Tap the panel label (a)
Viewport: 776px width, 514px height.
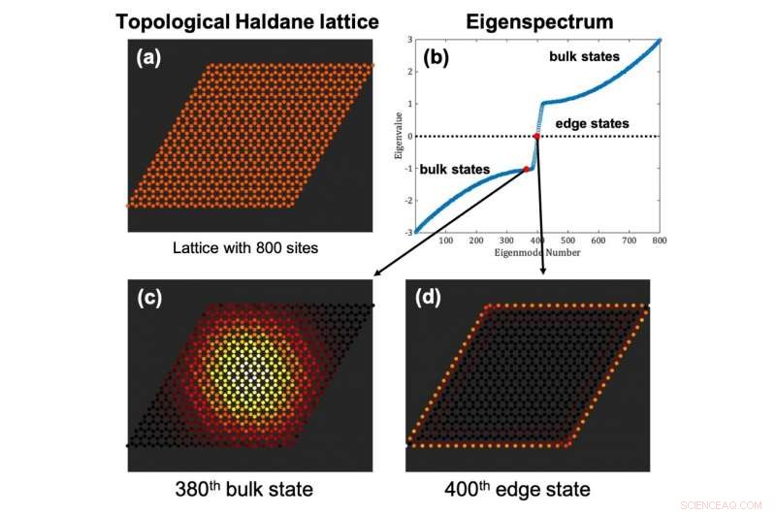[151, 57]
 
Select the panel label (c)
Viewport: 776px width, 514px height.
[151, 299]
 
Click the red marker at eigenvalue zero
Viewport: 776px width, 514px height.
[536, 136]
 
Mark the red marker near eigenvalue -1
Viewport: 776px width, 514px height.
[526, 169]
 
